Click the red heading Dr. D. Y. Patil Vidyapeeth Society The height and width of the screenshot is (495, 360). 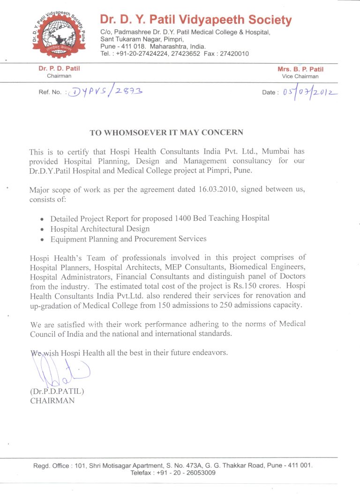(x=195, y=20)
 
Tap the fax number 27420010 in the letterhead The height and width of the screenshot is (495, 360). (x=233, y=54)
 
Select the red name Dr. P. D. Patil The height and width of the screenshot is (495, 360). (x=59, y=69)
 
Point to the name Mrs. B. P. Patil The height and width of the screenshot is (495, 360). (x=300, y=69)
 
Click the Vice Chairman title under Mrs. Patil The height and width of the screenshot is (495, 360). (x=300, y=76)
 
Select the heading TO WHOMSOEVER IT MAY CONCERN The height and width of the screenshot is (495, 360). (x=166, y=133)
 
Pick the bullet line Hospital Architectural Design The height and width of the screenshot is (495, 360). (x=100, y=229)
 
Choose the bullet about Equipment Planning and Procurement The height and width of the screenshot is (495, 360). (x=128, y=239)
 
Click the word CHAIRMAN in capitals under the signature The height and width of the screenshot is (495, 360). (x=52, y=400)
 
